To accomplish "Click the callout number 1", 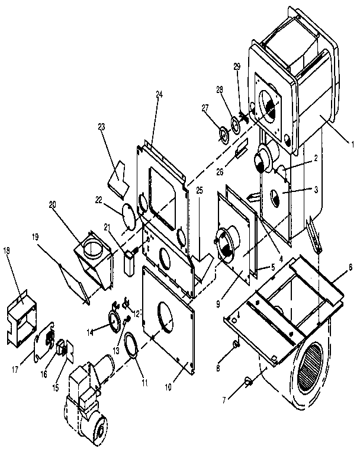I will pos(352,143).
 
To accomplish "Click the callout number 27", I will pos(205,108).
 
